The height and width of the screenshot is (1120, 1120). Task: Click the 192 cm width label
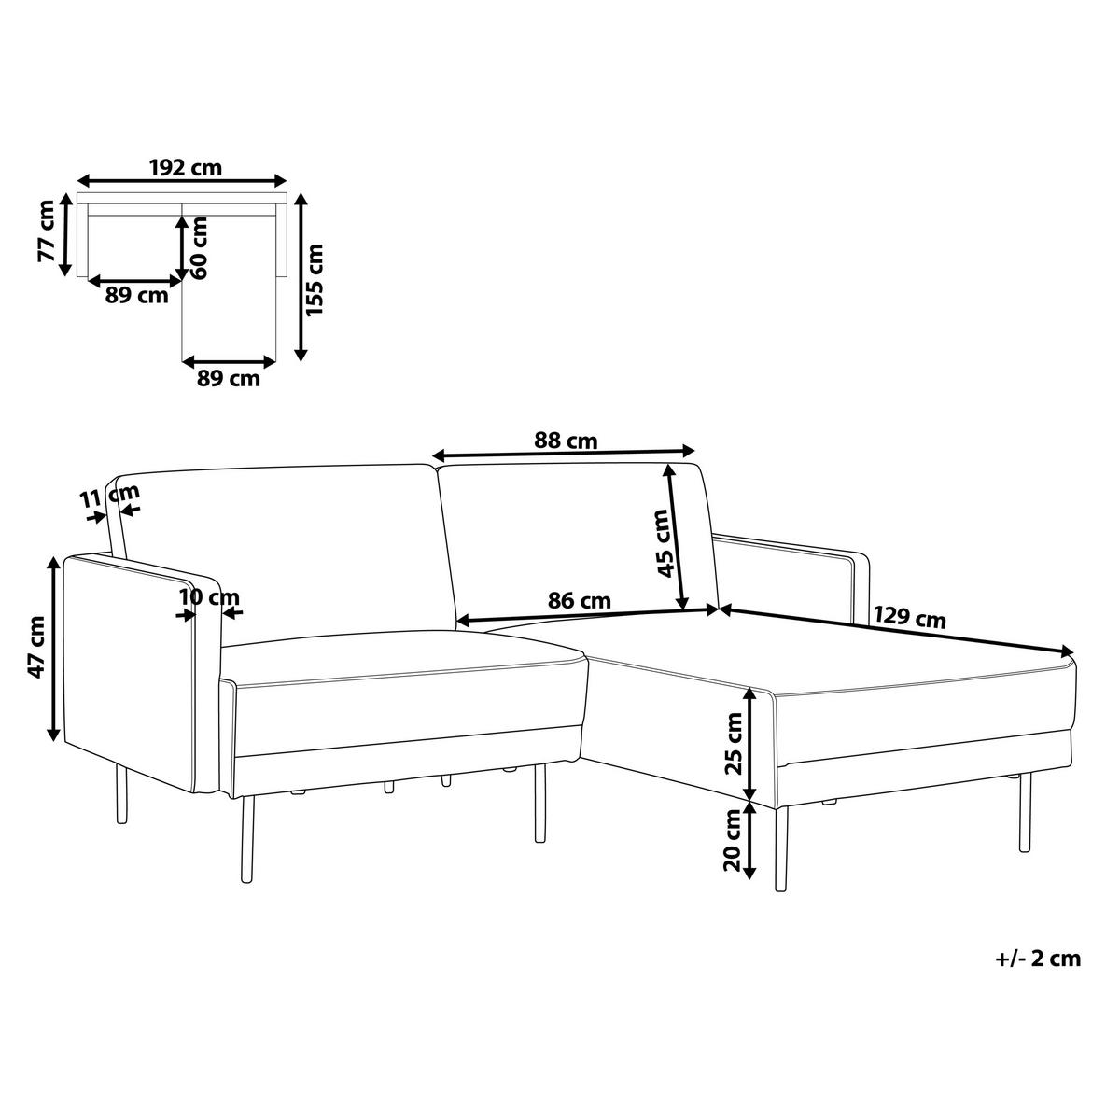[186, 168]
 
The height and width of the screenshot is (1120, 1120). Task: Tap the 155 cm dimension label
[315, 280]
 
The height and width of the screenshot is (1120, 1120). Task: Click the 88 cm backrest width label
[566, 441]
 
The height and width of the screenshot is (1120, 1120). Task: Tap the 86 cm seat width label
[580, 600]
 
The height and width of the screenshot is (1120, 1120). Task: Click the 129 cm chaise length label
[910, 618]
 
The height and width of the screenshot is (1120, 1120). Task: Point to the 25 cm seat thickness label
[735, 743]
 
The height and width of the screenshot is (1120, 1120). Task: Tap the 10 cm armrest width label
[209, 597]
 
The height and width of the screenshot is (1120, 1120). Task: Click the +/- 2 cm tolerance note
[1038, 959]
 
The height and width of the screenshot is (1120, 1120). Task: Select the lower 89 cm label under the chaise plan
[229, 379]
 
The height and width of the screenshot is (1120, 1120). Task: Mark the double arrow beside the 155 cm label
[301, 277]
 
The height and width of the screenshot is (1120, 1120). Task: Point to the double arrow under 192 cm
[183, 180]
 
